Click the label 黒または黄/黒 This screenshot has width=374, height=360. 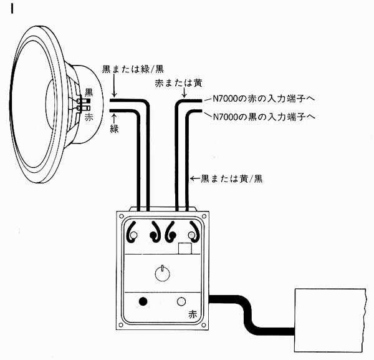pyautogui.click(x=231, y=178)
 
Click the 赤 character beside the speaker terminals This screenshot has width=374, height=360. pyautogui.click(x=89, y=115)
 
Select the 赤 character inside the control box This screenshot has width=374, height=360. pyautogui.click(x=193, y=316)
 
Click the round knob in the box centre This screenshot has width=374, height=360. pyautogui.click(x=161, y=273)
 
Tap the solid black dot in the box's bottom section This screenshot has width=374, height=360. pyautogui.click(x=143, y=302)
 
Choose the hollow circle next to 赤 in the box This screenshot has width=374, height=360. pyautogui.click(x=183, y=302)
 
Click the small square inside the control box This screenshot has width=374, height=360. pyautogui.click(x=185, y=249)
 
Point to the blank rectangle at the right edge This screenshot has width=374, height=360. pyautogui.click(x=328, y=319)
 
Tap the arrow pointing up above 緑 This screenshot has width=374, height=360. pyautogui.click(x=114, y=116)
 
